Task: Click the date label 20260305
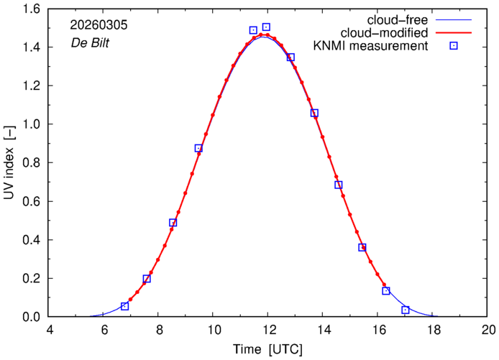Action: tap(96, 25)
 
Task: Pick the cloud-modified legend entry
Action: tap(393, 33)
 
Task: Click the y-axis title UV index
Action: tap(10, 163)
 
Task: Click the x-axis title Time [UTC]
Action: tap(267, 349)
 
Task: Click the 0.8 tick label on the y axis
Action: tap(32, 163)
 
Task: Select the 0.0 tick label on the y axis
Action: tap(32, 317)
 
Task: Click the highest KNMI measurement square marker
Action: tap(266, 27)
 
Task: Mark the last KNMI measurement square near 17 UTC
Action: tap(406, 310)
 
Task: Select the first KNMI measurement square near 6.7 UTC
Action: tap(125, 306)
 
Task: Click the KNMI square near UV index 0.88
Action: tap(198, 148)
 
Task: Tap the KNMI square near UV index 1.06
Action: tap(314, 113)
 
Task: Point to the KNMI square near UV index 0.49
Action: tap(173, 223)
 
